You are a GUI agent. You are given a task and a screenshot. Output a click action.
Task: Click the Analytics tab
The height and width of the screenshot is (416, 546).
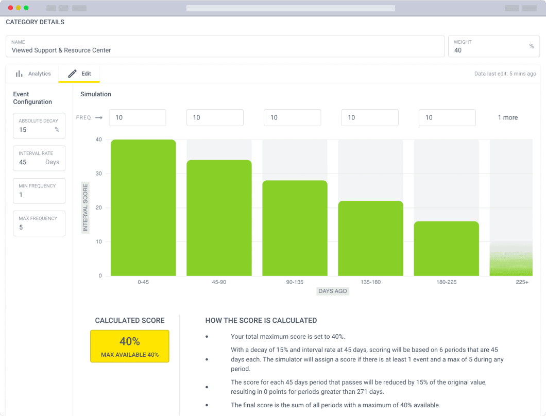coord(33,74)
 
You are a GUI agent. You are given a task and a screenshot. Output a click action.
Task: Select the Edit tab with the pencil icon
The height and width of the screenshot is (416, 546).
coord(79,74)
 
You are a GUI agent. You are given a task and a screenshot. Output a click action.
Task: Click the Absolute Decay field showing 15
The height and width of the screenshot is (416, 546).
coord(39,126)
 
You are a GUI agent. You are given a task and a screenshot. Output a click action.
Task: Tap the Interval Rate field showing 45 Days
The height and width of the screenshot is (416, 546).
coord(39,158)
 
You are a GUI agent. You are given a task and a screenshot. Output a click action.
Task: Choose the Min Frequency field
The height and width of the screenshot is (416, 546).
coord(39,191)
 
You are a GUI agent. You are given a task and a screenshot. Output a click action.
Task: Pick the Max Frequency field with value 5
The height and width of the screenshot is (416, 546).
coord(39,223)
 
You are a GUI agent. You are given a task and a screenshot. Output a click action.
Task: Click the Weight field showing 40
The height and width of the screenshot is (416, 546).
coord(494,46)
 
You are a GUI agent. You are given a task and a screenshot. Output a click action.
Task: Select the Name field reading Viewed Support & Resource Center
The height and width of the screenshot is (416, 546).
coord(225,46)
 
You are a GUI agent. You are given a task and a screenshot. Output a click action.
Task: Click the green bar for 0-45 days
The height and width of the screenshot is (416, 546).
coord(143,208)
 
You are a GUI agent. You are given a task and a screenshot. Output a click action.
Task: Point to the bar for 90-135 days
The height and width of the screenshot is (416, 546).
coord(295,228)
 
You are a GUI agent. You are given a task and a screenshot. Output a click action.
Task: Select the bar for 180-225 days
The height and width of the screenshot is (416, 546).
coord(447,249)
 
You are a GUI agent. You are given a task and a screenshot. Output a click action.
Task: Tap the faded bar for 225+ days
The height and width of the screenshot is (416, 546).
coord(511,261)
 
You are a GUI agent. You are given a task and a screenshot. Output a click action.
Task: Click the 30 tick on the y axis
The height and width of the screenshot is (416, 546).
coord(99,174)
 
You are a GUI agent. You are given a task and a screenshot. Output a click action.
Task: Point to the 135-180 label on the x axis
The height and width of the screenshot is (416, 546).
coord(370,282)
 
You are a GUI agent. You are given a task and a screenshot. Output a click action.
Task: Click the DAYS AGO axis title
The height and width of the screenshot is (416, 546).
coord(333,291)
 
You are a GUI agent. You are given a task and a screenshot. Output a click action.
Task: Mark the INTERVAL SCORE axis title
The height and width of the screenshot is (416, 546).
coord(86,207)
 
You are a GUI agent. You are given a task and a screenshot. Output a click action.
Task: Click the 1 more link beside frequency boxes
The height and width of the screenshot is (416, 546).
coord(508,118)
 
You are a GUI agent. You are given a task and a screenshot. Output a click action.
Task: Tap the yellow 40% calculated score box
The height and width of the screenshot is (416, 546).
coord(129,346)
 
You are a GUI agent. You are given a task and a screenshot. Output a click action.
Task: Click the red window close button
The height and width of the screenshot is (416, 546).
coord(10,8)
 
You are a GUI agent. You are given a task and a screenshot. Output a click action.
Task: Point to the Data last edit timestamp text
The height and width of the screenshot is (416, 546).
coord(505,74)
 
